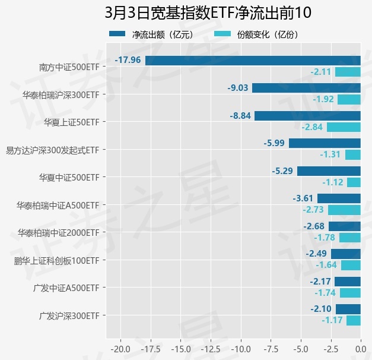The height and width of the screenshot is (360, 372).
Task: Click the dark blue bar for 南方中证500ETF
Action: pyautogui.click(x=253, y=60)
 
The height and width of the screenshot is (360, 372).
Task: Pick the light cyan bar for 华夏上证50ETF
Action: pyautogui.click(x=344, y=127)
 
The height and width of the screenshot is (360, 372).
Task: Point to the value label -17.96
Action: pyautogui.click(x=128, y=60)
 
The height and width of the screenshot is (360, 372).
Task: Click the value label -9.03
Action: pyautogui.click(x=237, y=88)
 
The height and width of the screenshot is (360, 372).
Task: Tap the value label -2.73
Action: pyautogui.click(x=313, y=210)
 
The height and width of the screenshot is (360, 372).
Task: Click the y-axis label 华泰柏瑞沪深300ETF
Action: pyautogui.click(x=61, y=94)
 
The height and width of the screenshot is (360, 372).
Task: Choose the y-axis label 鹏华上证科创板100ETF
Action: pyautogui.click(x=56, y=260)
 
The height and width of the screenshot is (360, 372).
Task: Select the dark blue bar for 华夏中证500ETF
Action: pyautogui.click(x=329, y=171)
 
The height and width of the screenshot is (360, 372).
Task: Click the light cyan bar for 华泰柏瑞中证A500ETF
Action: pyautogui.click(x=344, y=210)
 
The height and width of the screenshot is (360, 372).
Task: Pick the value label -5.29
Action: pyautogui.click(x=282, y=171)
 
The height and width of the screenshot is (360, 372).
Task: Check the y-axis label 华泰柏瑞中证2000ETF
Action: pyautogui.click(x=58, y=233)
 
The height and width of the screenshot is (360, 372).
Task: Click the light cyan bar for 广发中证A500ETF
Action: pyautogui.click(x=350, y=293)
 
